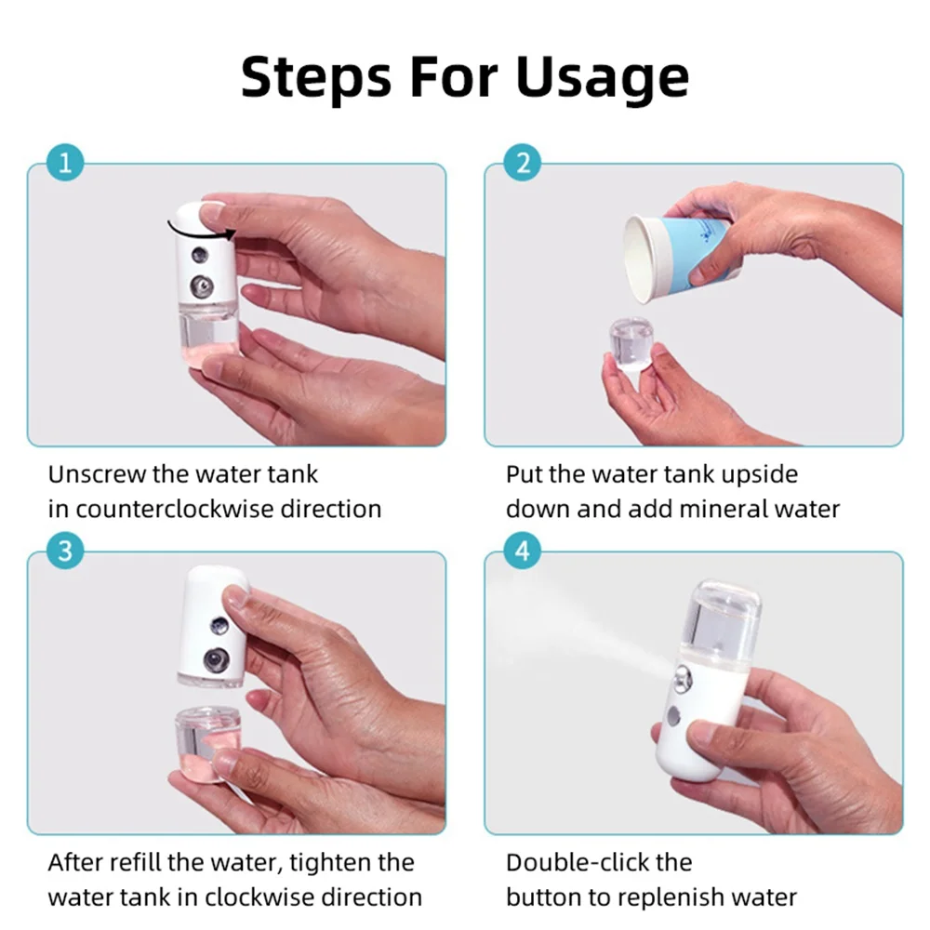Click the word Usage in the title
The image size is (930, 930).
603,77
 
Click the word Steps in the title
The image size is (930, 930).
316,77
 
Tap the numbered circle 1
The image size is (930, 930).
65,163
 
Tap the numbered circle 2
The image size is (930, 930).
523,163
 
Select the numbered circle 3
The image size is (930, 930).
65,551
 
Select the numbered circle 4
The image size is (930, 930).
523,551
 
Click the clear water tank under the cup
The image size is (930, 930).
632,343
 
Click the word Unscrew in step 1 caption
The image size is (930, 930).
98,474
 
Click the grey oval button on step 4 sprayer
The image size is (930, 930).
673,716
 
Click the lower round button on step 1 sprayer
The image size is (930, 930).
203,286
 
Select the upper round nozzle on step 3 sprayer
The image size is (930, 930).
220,625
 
